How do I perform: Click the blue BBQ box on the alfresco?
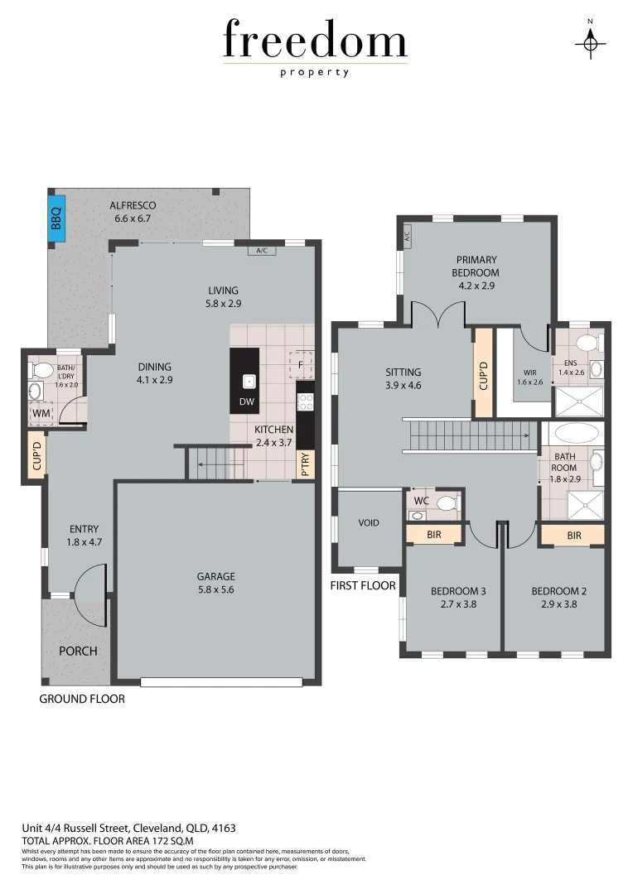pyautogui.click(x=56, y=218)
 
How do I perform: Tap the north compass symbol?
pyautogui.click(x=590, y=41)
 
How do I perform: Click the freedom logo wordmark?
pyautogui.click(x=315, y=41)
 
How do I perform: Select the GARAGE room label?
pyautogui.click(x=215, y=576)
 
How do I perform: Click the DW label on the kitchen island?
pyautogui.click(x=245, y=402)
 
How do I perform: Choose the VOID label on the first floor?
pyautogui.click(x=368, y=523)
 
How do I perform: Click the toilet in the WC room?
pyautogui.click(x=445, y=502)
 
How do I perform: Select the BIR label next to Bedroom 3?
pyautogui.click(x=433, y=536)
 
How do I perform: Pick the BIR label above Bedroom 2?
pyautogui.click(x=573, y=536)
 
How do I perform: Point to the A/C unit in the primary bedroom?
pyautogui.click(x=407, y=234)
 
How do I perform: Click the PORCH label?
pyautogui.click(x=78, y=651)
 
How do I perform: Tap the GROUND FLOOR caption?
pyautogui.click(x=82, y=699)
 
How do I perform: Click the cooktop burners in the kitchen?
pyautogui.click(x=305, y=401)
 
